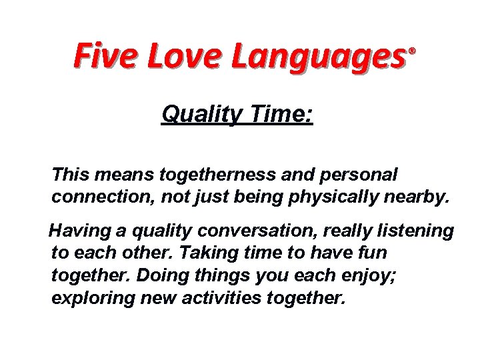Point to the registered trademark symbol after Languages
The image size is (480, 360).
pos(411,51)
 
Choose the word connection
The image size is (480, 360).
pos(97,198)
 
